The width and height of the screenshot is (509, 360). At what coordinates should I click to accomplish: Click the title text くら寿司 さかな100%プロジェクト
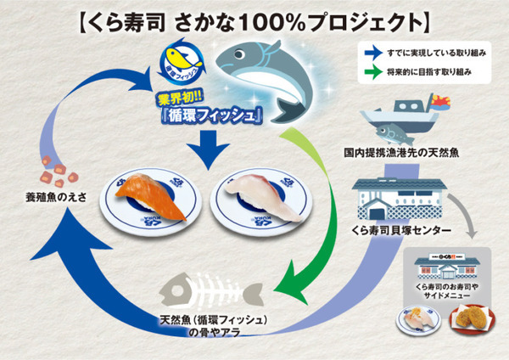255,18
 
